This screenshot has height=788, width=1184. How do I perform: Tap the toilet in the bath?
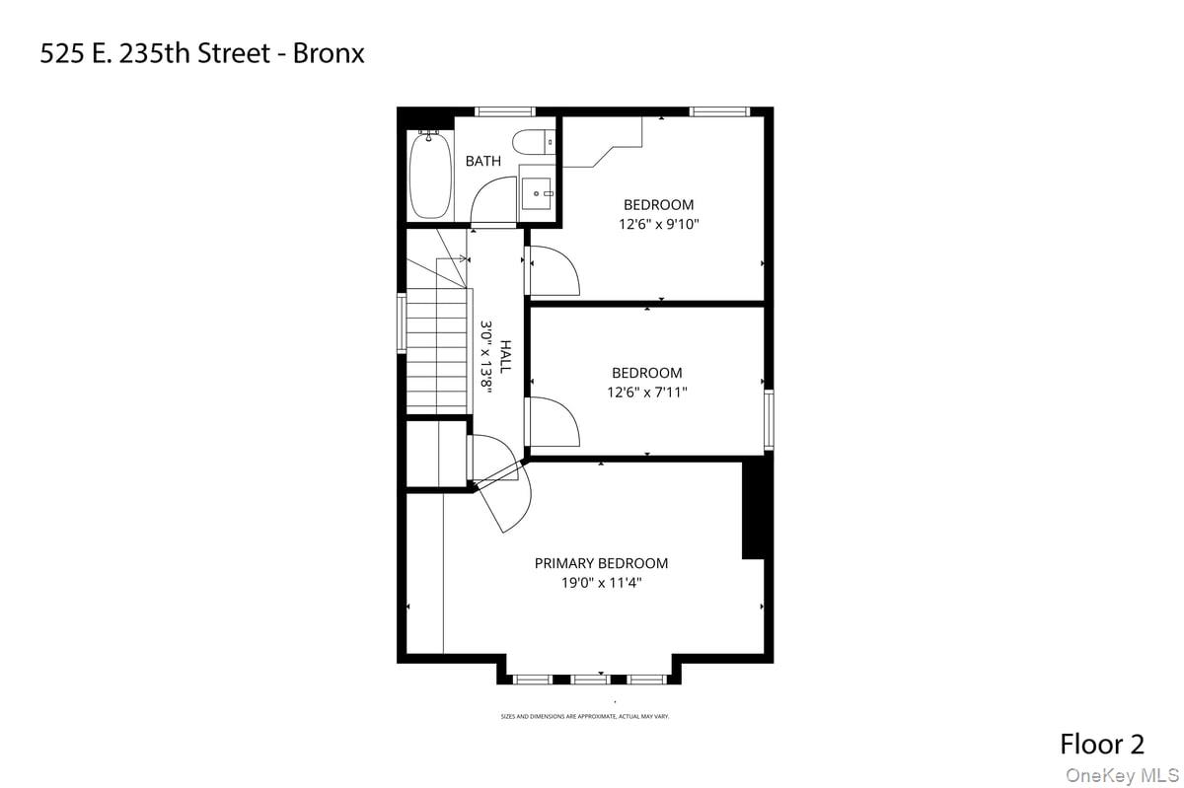537,143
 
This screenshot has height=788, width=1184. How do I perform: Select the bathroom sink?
538,193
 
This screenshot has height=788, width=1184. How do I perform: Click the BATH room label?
483,161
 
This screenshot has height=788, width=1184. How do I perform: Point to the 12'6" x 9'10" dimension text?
658,224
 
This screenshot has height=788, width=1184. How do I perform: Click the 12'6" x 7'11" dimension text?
646,392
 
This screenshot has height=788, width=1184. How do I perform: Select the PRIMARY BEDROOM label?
601,563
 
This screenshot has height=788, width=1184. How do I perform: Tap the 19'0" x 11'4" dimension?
601,583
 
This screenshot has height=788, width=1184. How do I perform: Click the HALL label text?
505,356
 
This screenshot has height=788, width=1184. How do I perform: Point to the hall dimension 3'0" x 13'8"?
486,356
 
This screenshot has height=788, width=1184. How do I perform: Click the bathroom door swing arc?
493,202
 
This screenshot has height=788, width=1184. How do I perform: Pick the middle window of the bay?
590,679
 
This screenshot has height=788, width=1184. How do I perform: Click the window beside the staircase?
402,322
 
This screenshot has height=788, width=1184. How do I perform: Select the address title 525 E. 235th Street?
202,53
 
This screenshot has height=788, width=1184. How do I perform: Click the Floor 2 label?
1102,743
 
